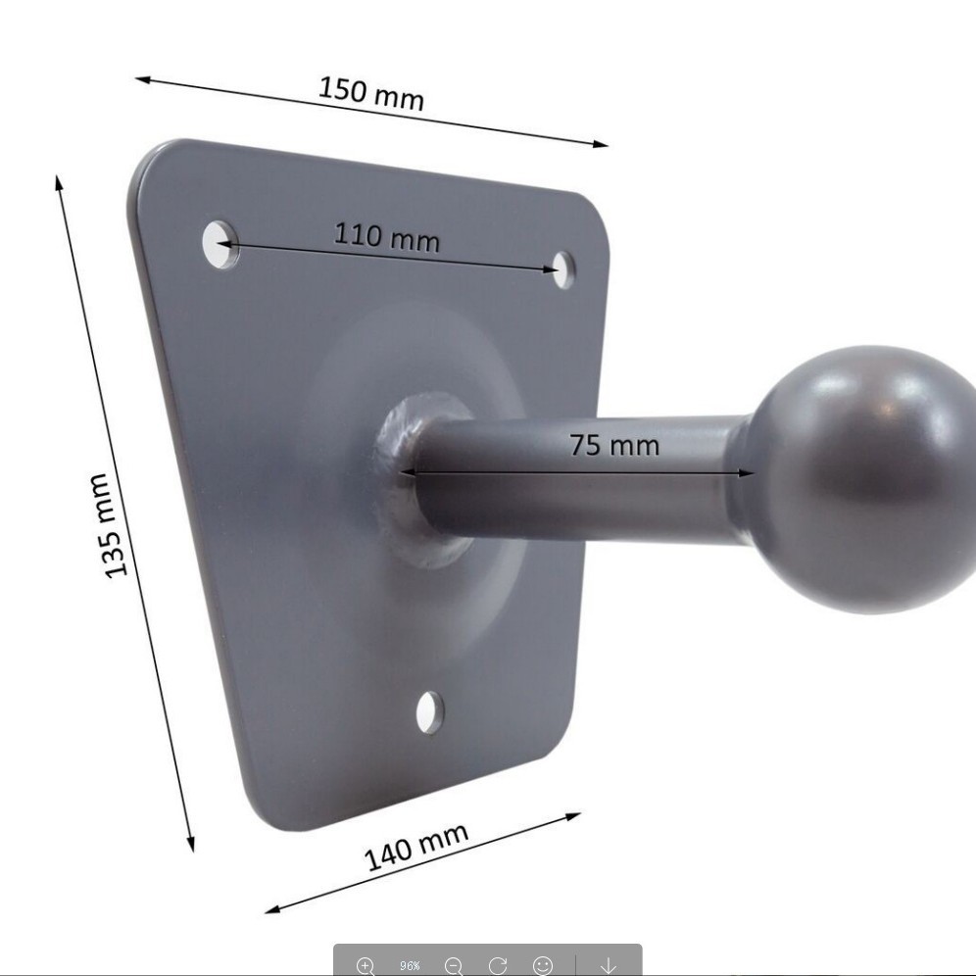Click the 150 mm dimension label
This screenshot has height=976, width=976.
(371, 93)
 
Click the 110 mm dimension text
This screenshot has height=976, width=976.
(386, 237)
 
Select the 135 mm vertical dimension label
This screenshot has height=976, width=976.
(109, 525)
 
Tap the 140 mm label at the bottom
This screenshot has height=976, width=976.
(415, 847)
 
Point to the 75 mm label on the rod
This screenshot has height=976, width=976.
(614, 445)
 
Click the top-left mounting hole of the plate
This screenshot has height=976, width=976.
(220, 244)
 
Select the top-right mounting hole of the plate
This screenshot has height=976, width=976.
(563, 270)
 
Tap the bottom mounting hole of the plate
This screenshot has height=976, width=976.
(429, 712)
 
